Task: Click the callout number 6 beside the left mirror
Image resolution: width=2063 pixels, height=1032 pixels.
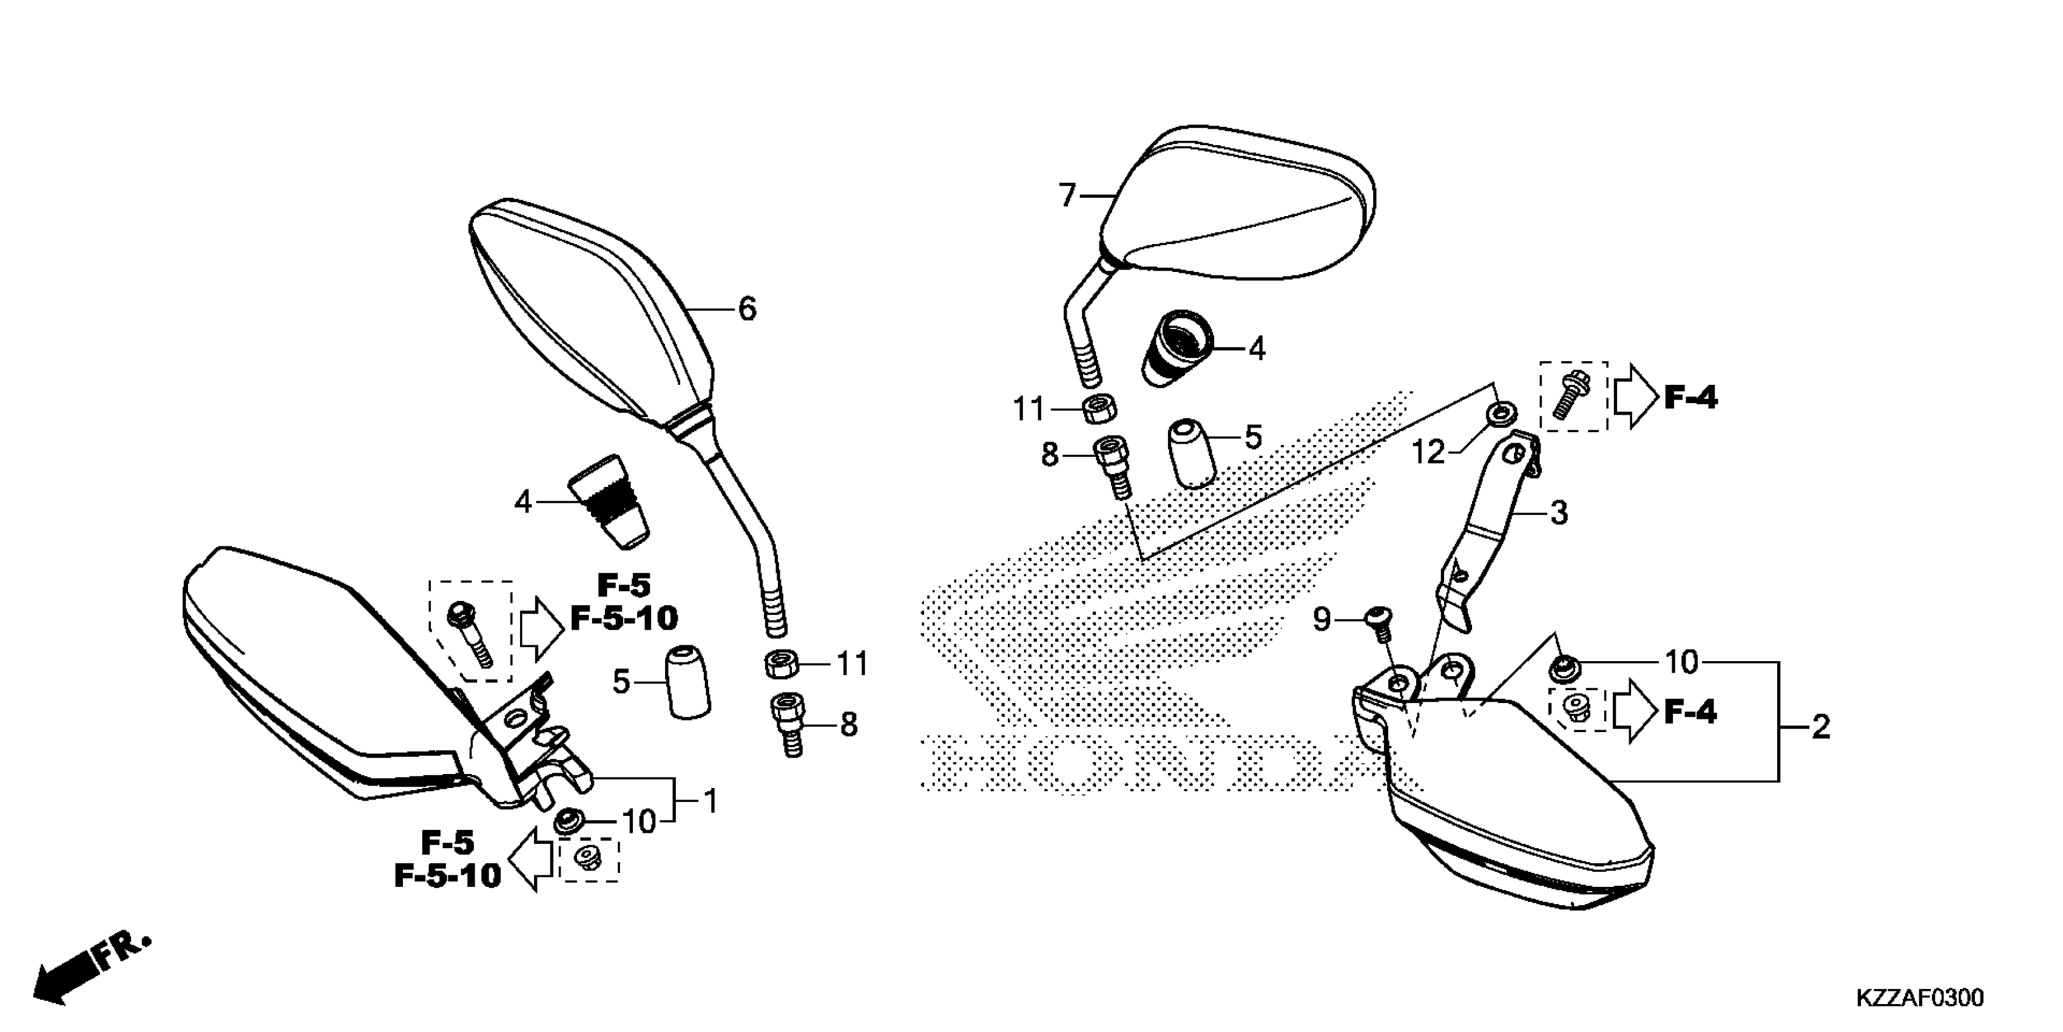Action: (x=746, y=309)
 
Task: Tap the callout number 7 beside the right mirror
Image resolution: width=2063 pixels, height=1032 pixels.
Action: (x=1067, y=196)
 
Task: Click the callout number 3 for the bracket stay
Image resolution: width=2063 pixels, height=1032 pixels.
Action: (x=1558, y=514)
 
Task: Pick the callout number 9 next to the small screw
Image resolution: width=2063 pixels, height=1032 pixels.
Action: (x=1322, y=619)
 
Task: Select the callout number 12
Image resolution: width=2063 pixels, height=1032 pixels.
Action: (x=1428, y=453)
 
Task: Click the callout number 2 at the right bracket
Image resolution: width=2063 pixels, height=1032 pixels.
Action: (x=1820, y=727)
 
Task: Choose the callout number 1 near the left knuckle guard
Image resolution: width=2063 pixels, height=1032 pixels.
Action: (x=709, y=801)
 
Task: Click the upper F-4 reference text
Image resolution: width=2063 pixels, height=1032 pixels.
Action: (x=1690, y=398)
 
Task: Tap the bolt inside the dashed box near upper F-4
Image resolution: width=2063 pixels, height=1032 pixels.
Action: (x=1572, y=396)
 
